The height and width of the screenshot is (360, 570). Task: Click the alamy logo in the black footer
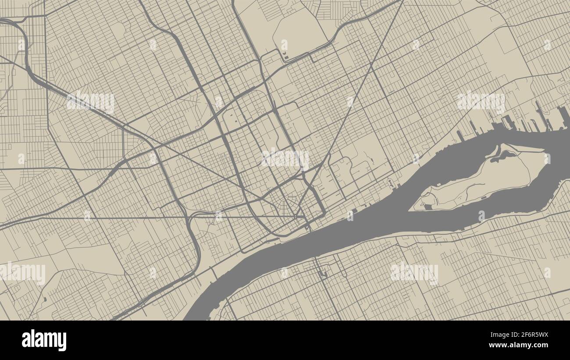(44, 340)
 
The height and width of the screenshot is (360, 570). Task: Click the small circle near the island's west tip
(423, 204)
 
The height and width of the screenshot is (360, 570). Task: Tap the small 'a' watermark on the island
(546, 158)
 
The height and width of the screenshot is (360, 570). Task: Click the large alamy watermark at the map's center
(285, 158)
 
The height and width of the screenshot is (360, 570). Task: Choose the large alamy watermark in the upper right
(481, 102)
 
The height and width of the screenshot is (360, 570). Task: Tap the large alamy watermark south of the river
(414, 272)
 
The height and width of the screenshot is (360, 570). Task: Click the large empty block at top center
(298, 33)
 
